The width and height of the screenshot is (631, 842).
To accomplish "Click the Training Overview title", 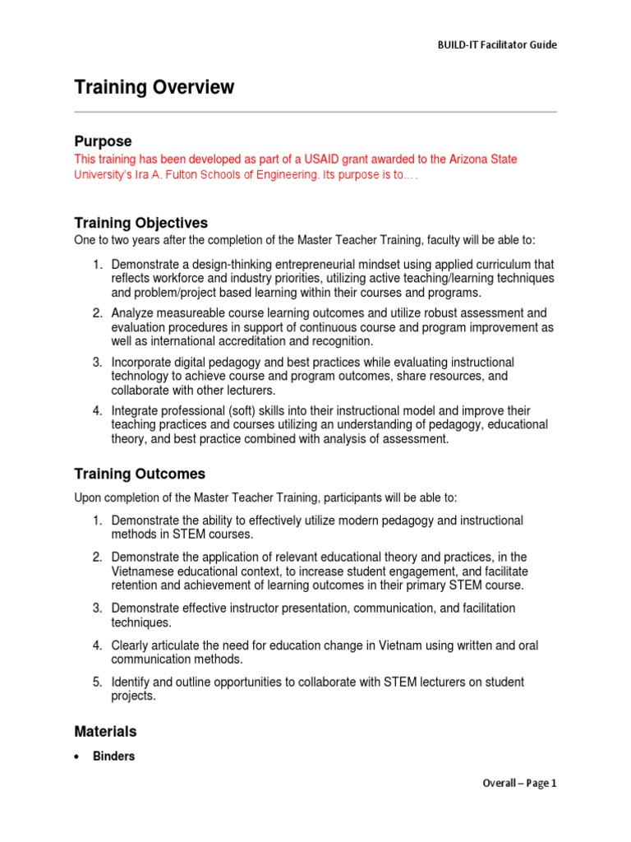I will tap(154, 87).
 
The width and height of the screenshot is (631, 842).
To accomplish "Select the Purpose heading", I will tap(103, 141).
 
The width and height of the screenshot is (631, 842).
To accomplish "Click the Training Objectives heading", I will tap(140, 223).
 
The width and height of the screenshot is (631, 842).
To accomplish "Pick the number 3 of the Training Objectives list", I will tap(96, 362).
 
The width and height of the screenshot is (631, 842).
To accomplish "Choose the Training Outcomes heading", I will tap(140, 474).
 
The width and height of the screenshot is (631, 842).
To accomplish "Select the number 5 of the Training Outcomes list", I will tap(96, 682).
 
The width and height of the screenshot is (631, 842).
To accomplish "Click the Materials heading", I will tap(105, 731).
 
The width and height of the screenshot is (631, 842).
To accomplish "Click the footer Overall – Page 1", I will tap(518, 783).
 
